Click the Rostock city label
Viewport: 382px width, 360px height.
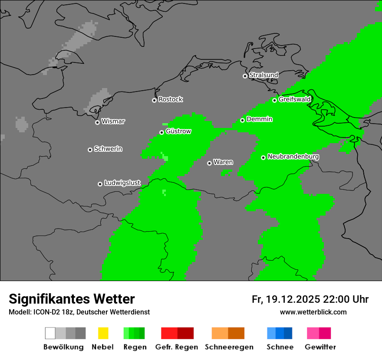pyautogui.click(x=171, y=99)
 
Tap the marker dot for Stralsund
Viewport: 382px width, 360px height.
pyautogui.click(x=245, y=76)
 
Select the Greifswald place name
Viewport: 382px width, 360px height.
pyautogui.click(x=294, y=99)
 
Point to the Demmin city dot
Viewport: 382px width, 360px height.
pyautogui.click(x=242, y=120)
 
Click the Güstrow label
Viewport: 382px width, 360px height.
pyautogui.click(x=178, y=131)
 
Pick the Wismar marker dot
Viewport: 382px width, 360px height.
pyautogui.click(x=97, y=122)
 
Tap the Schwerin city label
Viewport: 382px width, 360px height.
pyautogui.click(x=108, y=149)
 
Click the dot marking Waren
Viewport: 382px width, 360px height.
pyautogui.click(x=209, y=163)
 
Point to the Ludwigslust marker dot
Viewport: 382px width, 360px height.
pyautogui.click(x=100, y=184)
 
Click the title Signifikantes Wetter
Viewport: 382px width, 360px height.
pyautogui.click(x=72, y=299)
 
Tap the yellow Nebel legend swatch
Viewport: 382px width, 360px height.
pyautogui.click(x=103, y=333)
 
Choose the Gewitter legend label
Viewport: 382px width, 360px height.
pyautogui.click(x=320, y=347)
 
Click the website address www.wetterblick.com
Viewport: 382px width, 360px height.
pyautogui.click(x=313, y=312)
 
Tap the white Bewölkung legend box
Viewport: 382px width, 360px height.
pyautogui.click(x=50, y=333)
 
